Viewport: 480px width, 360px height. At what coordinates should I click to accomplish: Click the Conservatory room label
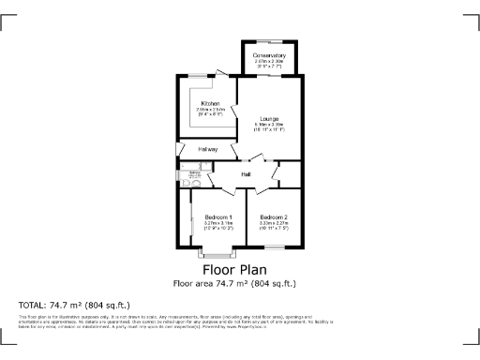tap(270, 55)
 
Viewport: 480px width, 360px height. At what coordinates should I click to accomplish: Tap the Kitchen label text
tap(209, 103)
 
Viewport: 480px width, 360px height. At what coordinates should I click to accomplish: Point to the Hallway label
tap(207, 149)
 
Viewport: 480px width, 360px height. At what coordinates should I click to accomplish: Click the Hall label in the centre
tap(246, 174)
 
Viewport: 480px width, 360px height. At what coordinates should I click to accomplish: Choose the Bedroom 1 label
tap(218, 217)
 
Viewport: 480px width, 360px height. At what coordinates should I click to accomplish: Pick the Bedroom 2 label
tap(274, 217)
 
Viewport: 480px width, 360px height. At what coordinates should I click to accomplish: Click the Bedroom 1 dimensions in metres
tap(218, 223)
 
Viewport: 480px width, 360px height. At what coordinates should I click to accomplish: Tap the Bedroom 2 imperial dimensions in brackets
tap(274, 229)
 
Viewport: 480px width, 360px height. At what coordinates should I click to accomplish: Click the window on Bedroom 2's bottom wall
tap(274, 247)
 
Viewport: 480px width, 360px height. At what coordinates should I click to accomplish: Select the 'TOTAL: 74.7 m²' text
tap(74, 305)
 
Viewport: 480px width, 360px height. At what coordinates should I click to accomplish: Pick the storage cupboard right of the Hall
tap(290, 173)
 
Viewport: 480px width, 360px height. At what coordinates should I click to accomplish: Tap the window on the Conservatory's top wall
tap(270, 41)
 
